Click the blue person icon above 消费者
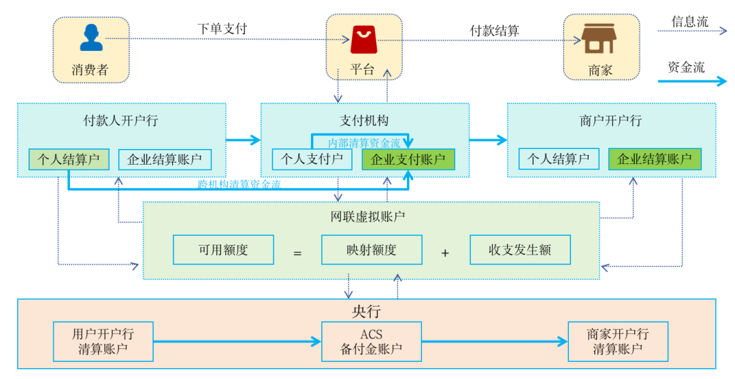(x=91, y=38)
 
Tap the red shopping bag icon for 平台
(x=362, y=40)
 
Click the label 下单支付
(x=223, y=29)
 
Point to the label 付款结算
(x=495, y=31)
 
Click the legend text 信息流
(x=689, y=22)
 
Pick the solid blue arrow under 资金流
(x=691, y=82)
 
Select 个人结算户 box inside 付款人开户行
(x=69, y=160)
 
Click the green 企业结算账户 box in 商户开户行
(x=654, y=159)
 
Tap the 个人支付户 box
(x=312, y=159)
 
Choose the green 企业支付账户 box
(x=408, y=160)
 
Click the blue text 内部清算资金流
(x=364, y=144)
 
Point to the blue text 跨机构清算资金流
(x=239, y=184)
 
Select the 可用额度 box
(x=223, y=250)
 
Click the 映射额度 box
(x=372, y=250)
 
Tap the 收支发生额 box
(x=520, y=250)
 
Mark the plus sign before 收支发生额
(x=445, y=253)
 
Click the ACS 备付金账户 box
(x=372, y=342)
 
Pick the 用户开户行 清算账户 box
(x=103, y=342)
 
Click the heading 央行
(x=366, y=312)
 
